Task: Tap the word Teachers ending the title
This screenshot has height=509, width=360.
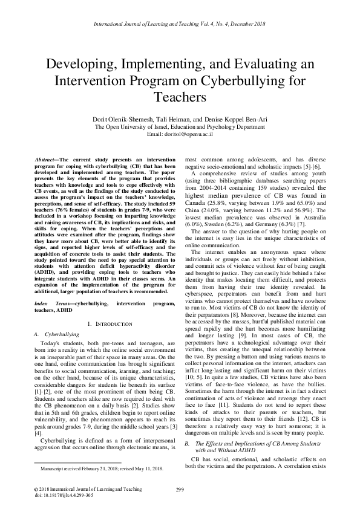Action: pyautogui.click(x=180, y=97)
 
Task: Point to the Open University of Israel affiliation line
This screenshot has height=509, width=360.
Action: pyautogui.click(x=180, y=127)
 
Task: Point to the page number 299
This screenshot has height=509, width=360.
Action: pyautogui.click(x=180, y=489)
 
